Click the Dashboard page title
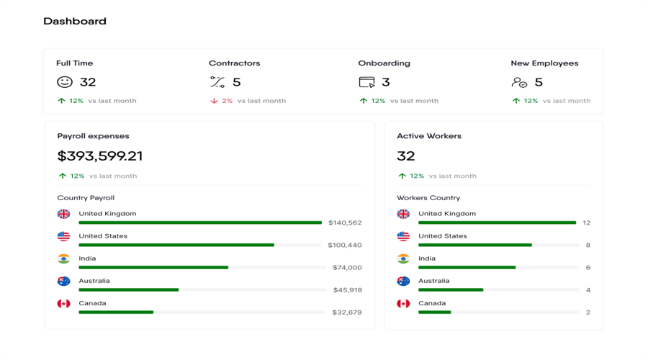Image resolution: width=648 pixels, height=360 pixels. point(75,22)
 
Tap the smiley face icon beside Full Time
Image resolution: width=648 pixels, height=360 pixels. point(65,82)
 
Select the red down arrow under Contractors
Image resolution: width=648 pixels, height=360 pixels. point(214,101)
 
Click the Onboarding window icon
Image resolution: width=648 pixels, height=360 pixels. point(366,82)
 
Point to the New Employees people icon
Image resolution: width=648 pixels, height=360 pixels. point(519,83)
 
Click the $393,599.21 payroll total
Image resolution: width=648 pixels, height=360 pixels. point(100,156)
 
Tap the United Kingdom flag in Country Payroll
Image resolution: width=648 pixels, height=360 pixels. point(64,214)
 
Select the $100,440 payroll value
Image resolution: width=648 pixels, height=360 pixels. point(345,245)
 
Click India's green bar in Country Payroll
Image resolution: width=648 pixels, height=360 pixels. point(153,267)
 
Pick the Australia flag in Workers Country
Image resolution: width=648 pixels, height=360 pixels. point(403,281)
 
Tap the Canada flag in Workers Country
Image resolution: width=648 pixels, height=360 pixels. point(403,303)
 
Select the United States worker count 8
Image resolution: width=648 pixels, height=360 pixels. point(588,245)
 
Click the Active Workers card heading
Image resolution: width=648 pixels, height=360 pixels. point(429,136)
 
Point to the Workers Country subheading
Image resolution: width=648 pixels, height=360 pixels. point(428,198)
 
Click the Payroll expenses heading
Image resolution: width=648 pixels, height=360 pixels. point(94,136)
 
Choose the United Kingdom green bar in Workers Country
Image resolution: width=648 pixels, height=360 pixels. point(497,222)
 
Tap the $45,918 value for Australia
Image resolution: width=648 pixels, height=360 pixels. point(348,290)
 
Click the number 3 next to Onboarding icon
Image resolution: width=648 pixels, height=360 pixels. point(386,82)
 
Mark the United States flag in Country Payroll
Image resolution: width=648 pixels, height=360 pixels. point(64,236)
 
